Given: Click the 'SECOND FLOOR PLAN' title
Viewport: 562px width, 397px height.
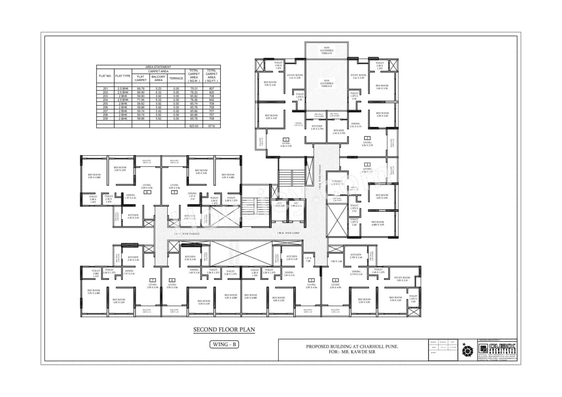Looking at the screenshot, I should (224, 329).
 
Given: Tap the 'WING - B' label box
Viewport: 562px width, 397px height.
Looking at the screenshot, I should (224, 344).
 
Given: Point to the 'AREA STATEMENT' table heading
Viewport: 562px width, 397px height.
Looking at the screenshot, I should (158, 67).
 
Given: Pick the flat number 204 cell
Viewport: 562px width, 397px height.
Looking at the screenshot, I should (105, 100).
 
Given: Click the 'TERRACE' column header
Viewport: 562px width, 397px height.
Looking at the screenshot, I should (176, 78).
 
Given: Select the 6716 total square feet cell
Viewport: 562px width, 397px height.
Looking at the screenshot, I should (211, 126).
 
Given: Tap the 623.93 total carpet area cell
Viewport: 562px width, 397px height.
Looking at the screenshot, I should (194, 126).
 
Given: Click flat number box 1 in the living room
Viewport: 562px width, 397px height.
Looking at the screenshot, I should (286, 139).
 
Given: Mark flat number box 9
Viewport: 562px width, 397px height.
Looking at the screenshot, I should (174, 192).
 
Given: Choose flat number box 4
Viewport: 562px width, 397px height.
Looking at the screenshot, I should (335, 280).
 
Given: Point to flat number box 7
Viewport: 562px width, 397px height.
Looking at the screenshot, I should (152, 280).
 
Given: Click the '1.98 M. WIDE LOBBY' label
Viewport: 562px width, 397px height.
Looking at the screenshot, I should (288, 233).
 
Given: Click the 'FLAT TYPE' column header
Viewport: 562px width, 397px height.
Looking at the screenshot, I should (123, 76).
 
